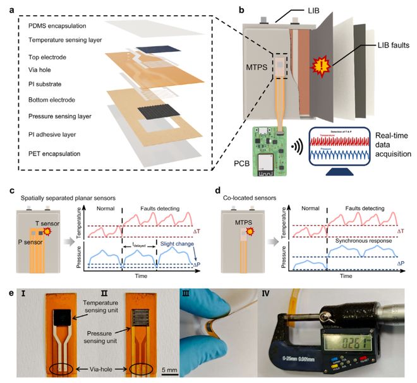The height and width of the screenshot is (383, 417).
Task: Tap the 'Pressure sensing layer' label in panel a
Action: (x=63, y=116)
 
